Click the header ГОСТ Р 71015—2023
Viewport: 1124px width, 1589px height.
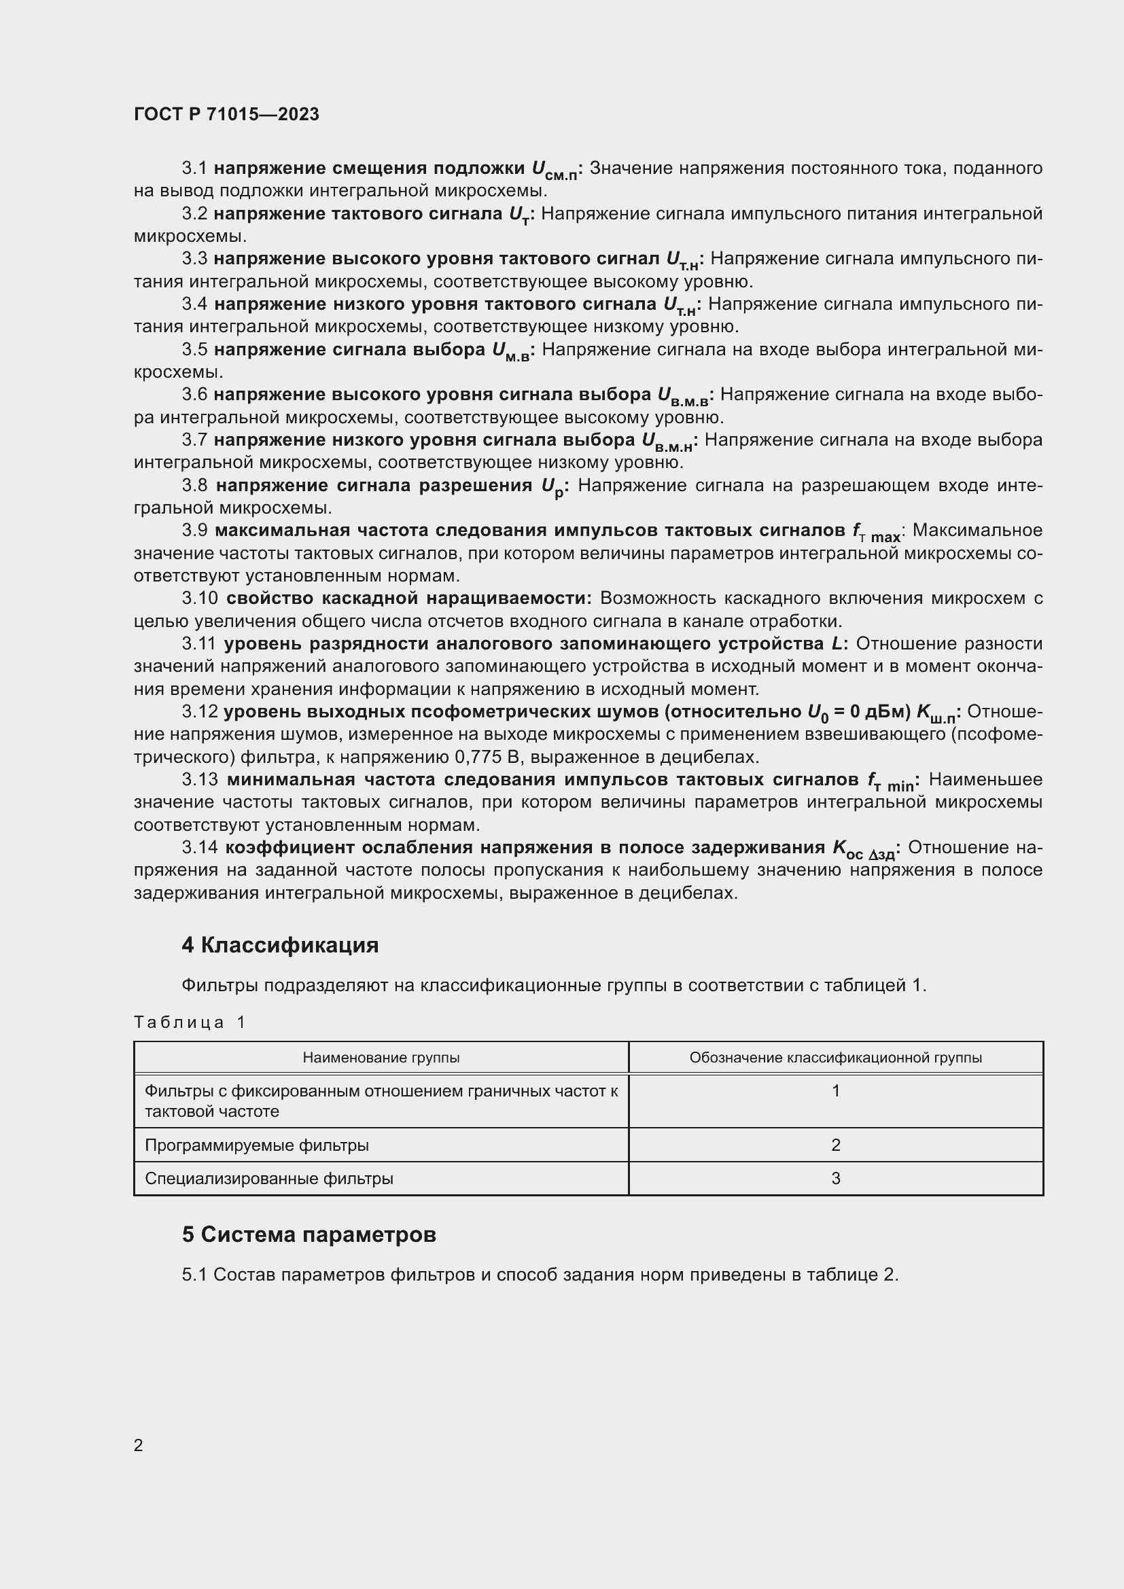pos(226,114)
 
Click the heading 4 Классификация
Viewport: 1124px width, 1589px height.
pos(279,945)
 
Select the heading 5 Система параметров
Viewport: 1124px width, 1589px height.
pos(309,1234)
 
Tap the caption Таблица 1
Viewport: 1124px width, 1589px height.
pos(190,1022)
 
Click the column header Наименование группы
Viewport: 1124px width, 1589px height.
pos(381,1058)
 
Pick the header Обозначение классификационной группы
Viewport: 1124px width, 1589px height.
pos(835,1058)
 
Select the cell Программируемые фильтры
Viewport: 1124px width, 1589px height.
pos(256,1145)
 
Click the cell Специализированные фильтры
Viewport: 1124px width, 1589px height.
pos(268,1179)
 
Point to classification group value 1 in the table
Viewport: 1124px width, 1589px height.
pos(835,1092)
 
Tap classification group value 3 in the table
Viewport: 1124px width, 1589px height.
pos(835,1179)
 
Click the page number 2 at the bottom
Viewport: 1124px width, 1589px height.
pos(139,1445)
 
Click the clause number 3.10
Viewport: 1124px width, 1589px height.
pos(200,598)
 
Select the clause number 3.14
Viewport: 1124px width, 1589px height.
pos(200,848)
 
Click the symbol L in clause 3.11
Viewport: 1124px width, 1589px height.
pos(837,643)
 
